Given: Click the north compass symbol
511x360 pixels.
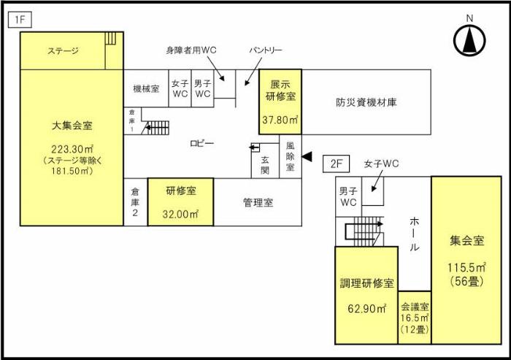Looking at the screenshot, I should tap(469, 39).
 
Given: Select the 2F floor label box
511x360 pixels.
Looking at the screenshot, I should tap(337, 164).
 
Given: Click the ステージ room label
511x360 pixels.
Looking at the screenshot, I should tap(63, 51).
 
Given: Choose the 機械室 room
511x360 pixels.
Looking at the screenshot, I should tap(146, 88).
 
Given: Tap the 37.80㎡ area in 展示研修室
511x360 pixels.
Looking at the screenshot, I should tap(280, 120).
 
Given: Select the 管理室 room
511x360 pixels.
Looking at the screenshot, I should tap(258, 202).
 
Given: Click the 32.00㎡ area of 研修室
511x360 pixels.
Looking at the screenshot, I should tap(180, 215).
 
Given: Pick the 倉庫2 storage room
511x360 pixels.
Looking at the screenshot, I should tap(135, 202).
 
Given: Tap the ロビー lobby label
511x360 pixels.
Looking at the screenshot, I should tap(201, 144).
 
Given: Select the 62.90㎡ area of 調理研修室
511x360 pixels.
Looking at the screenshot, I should tap(366, 309).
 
